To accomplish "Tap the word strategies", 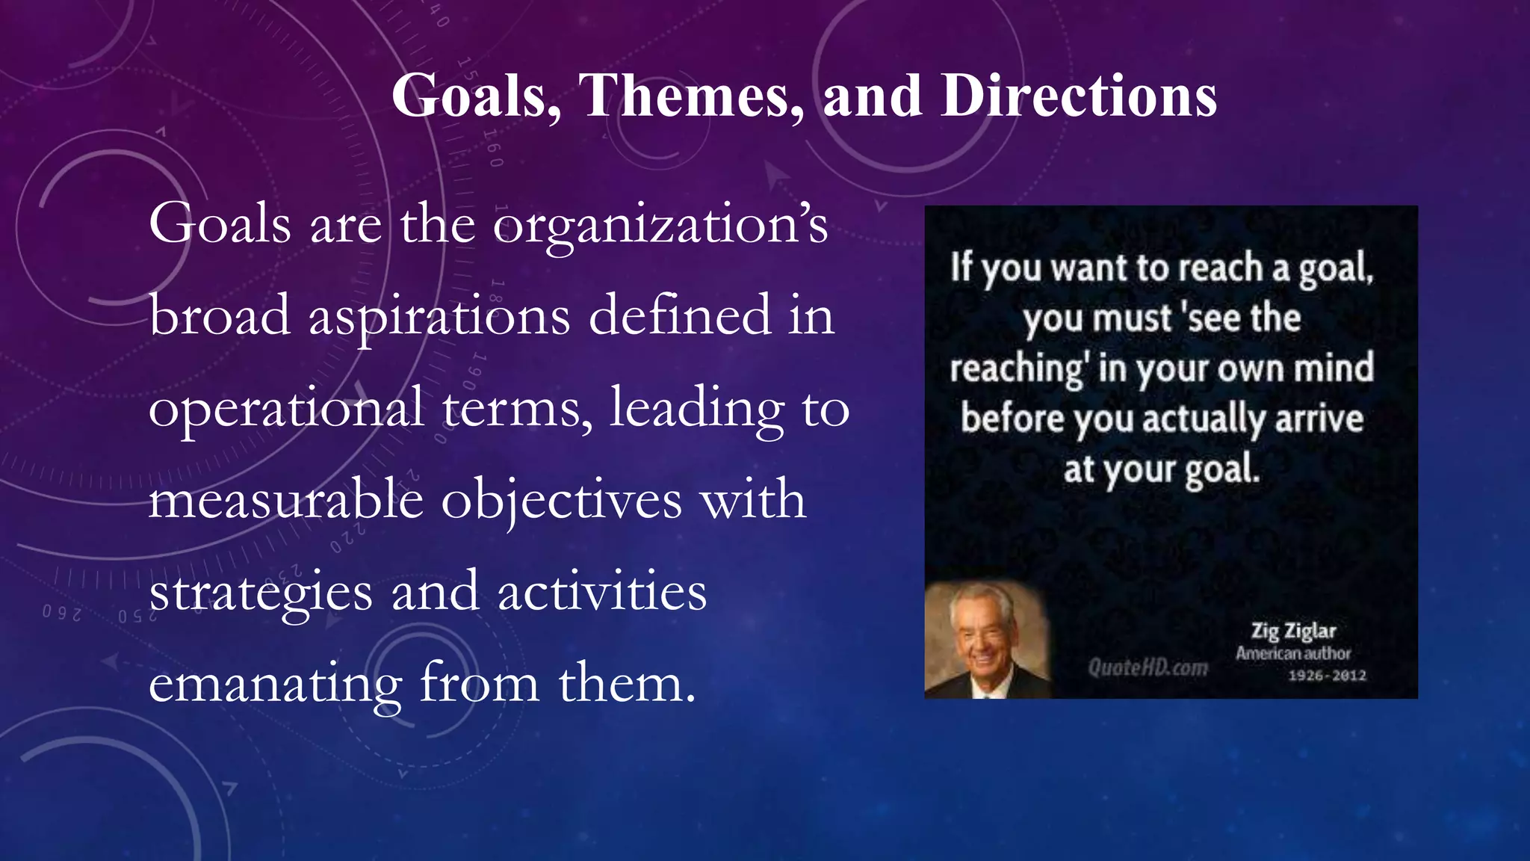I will click(x=260, y=592).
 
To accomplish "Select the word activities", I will click(x=602, y=592).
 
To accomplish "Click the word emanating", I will click(x=275, y=683).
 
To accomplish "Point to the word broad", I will click(x=220, y=315).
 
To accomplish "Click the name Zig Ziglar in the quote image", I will click(x=1293, y=632).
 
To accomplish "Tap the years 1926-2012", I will click(x=1327, y=676).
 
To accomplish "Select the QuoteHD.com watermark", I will click(x=1147, y=667).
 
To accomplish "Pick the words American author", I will click(x=1293, y=653).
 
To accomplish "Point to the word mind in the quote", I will click(x=1334, y=368).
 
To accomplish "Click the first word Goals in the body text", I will click(x=220, y=224).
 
